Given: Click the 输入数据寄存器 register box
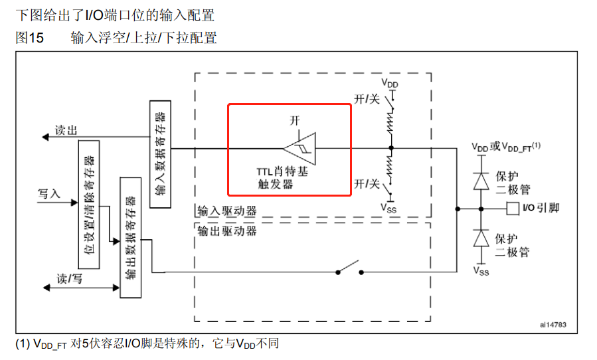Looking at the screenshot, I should (x=161, y=155).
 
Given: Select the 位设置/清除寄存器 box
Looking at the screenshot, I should (x=88, y=205).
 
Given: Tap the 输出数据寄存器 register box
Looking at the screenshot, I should (x=129, y=237).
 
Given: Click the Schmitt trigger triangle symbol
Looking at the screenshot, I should (x=301, y=147).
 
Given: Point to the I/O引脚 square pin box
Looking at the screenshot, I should (x=512, y=209).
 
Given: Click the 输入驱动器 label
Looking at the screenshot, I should (x=226, y=212).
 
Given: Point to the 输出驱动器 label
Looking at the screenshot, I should (x=226, y=230).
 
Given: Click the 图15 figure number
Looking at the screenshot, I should (x=29, y=38).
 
